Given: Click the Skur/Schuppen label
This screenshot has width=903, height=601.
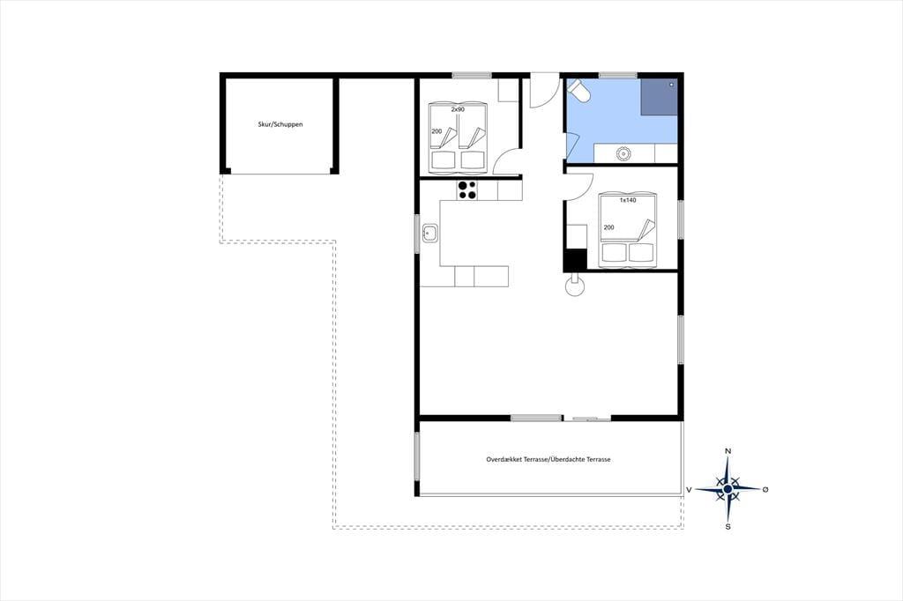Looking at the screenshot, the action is pos(280,124).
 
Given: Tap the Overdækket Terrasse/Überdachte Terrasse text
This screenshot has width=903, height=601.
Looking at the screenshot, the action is pos(549,459).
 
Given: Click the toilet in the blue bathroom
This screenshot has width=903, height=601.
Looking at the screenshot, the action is pos(578,91).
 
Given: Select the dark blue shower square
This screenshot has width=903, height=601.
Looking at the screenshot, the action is pos(659,96).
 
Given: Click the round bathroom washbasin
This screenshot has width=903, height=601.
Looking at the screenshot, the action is pos(623,153).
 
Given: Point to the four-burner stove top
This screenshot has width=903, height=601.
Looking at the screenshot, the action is pos(467,190).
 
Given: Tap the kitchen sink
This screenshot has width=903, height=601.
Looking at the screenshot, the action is pos(429,234).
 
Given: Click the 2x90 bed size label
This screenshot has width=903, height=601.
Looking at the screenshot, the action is pos(458,109).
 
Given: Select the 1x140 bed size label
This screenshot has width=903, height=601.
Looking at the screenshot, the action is pos(628,200).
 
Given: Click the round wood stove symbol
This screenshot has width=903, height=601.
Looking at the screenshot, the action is pos(575,286).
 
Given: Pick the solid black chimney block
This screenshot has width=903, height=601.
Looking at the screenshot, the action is pos(575,259).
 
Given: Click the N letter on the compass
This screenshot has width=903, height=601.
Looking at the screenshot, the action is pos(728,451).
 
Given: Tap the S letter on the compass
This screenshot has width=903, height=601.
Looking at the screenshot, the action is pos(728,526).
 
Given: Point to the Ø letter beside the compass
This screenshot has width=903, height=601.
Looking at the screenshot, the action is pos(765,489).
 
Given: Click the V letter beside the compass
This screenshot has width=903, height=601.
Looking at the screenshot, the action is pos(689,490).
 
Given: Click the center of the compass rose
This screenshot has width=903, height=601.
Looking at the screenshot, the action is pos(728,489).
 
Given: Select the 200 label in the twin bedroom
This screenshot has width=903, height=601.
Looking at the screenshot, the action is pos(437,131).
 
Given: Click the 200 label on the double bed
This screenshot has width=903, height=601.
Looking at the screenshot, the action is pos(608,227).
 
